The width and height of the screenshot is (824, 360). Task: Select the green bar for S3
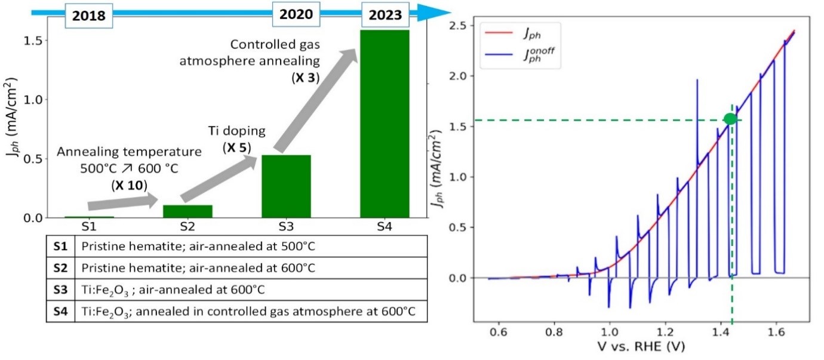pyautogui.click(x=286, y=186)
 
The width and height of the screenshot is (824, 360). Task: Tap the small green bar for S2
pyautogui.click(x=188, y=211)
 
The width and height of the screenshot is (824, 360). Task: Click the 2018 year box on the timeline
pyautogui.click(x=88, y=16)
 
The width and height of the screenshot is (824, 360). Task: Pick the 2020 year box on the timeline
pyautogui.click(x=293, y=14)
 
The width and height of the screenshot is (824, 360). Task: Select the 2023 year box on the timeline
pyautogui.click(x=385, y=14)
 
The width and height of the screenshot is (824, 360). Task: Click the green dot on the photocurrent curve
pyautogui.click(x=730, y=119)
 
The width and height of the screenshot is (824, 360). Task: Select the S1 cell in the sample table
pyautogui.click(x=60, y=245)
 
